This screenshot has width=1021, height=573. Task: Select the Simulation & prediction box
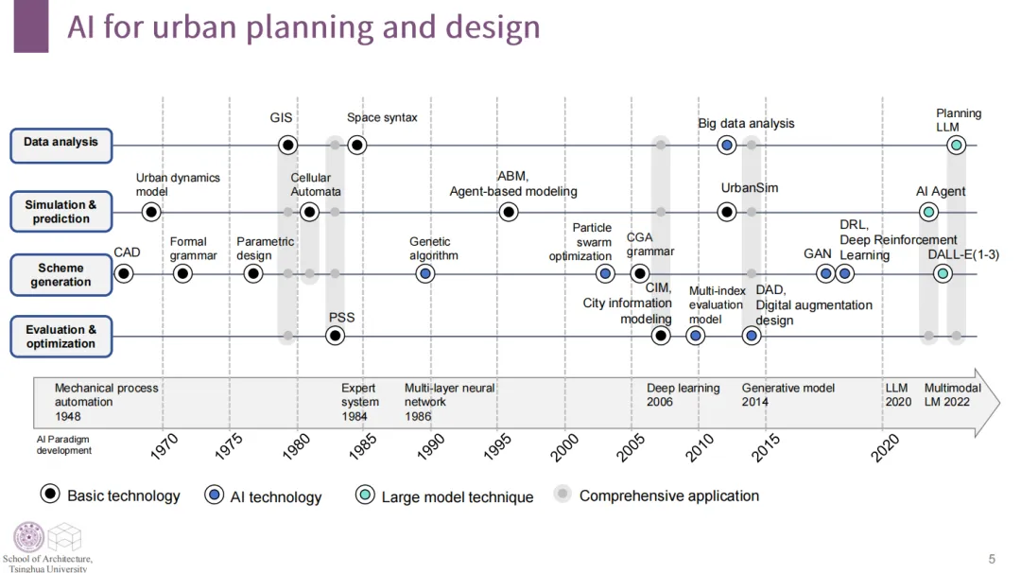61,212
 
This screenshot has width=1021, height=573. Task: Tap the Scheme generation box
61,274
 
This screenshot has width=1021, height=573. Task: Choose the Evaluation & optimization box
61,337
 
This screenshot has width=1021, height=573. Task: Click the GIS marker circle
288,145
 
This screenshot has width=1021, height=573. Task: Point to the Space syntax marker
356,145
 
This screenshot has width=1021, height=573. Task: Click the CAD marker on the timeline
123,274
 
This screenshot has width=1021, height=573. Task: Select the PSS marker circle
335,336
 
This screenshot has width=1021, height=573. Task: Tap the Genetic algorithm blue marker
425,274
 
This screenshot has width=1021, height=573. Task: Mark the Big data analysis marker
726,145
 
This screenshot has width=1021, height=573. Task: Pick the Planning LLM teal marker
957,145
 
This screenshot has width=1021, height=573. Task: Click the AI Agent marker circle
929,212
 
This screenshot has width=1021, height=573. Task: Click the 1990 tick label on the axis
430,446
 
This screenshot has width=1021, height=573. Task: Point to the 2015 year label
766,446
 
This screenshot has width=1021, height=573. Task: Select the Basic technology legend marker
51,495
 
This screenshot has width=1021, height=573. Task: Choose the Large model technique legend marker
365,495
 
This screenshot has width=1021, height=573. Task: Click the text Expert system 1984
360,402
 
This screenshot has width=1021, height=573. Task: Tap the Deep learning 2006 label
683,395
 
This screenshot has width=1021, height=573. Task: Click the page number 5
992,559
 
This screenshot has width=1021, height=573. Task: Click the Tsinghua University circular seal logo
28,537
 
